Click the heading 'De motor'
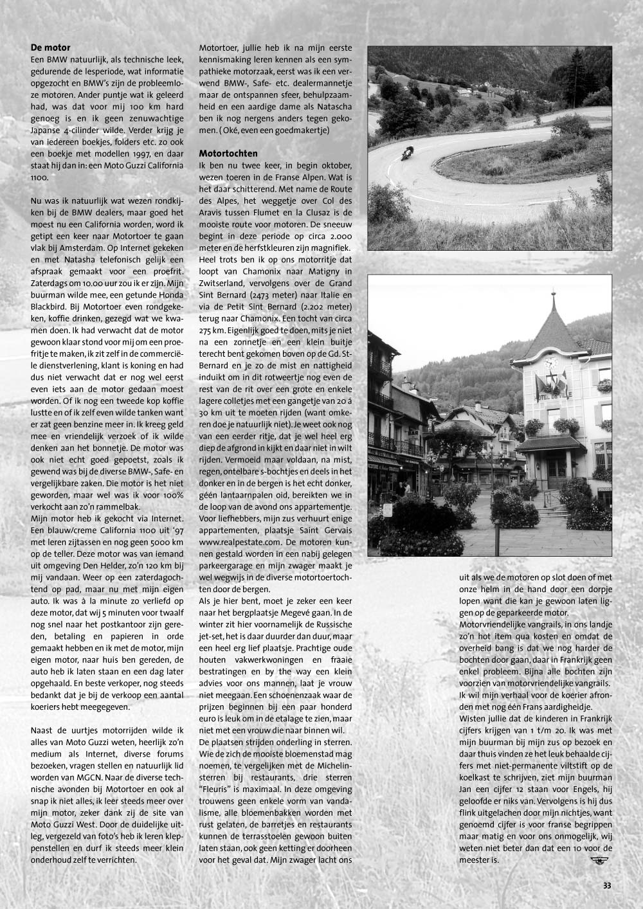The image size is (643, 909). click(51, 48)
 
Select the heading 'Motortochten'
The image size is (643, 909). click(228, 154)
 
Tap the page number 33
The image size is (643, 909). click(607, 885)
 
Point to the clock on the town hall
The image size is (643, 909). click(552, 362)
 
